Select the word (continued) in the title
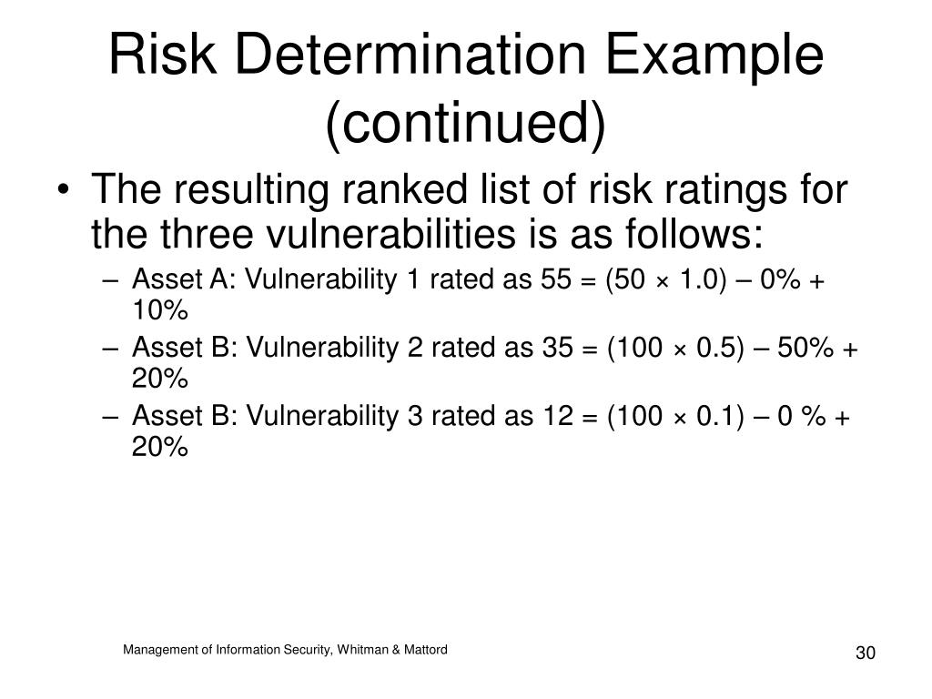pos(465,123)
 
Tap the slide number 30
pos(865,655)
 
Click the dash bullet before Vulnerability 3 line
pos(110,417)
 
